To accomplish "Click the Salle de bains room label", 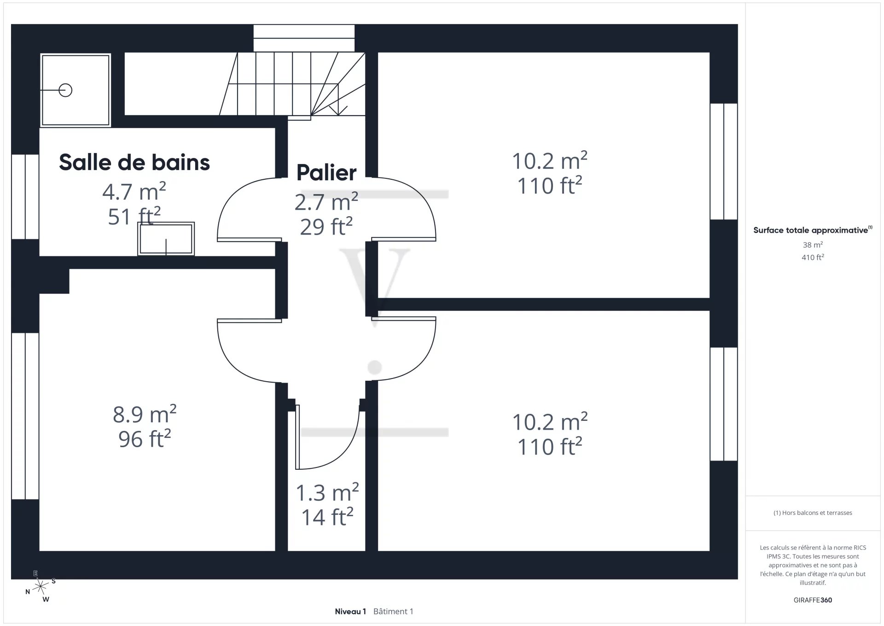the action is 134,162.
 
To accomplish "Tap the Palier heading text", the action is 326,173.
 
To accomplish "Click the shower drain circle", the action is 65,90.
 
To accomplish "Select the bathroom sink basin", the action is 166,239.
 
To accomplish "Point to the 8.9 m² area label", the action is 145,414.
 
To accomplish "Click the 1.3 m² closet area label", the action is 327,492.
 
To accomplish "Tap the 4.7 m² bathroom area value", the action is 134,191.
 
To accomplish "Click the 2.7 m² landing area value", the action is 326,202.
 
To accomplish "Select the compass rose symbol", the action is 41,586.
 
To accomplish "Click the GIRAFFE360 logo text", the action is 813,600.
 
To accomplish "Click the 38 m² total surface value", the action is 813,245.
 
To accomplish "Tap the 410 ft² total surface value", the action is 813,257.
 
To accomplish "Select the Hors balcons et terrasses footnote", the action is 813,513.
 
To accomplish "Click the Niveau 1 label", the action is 350,611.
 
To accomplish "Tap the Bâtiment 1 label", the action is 393,611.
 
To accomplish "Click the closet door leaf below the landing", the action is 297,437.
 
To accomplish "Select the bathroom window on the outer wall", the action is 25,197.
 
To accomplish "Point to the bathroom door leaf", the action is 249,240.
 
